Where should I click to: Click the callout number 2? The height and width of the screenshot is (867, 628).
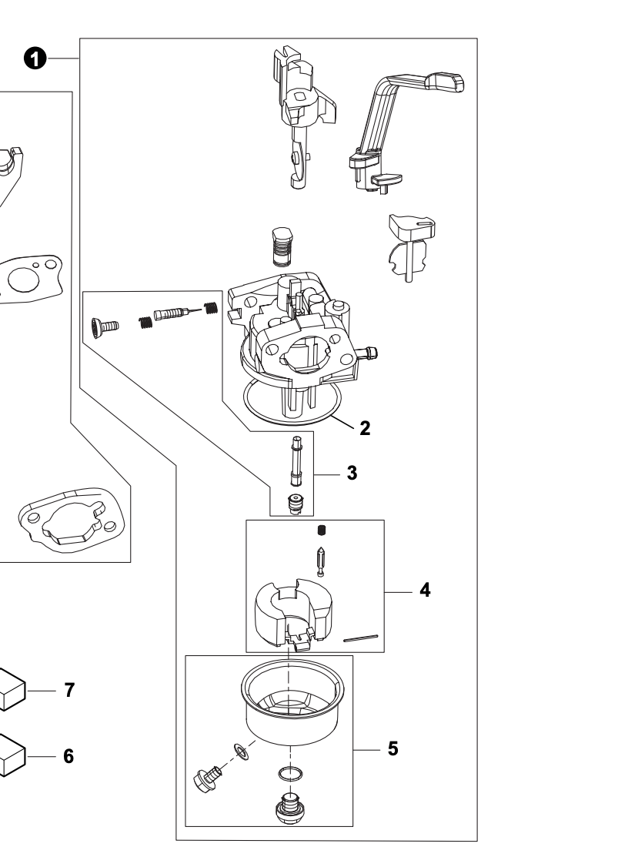[365, 429]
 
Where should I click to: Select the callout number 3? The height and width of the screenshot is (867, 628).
[352, 473]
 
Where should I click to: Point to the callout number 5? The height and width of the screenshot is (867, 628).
[392, 748]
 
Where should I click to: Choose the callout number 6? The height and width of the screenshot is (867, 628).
[68, 756]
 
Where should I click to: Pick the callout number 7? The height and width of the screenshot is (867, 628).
[68, 690]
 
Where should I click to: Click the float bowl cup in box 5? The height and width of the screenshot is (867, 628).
[292, 705]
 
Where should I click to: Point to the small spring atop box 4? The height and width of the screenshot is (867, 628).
[322, 530]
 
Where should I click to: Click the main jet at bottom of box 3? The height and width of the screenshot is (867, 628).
[292, 504]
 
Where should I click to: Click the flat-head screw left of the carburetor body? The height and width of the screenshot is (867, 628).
[102, 325]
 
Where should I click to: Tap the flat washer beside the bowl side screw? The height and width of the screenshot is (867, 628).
[241, 750]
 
